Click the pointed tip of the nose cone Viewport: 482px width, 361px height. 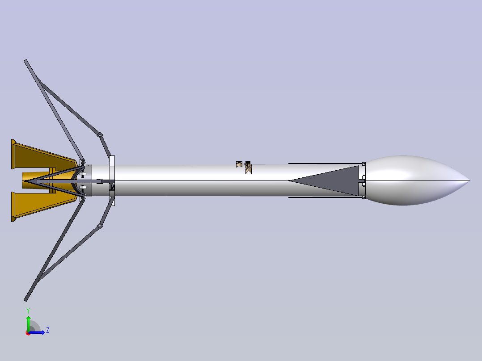[x=469, y=180]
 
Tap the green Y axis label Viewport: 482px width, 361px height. [x=28, y=310]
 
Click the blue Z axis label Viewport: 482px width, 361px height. [x=47, y=330]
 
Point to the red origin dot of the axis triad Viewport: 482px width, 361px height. [x=28, y=332]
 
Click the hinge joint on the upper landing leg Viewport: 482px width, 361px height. [x=100, y=134]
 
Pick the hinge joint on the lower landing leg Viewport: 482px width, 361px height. [x=100, y=227]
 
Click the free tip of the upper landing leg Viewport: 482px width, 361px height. [x=26, y=61]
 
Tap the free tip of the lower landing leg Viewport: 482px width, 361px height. [x=26, y=299]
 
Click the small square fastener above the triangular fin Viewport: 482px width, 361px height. [x=364, y=164]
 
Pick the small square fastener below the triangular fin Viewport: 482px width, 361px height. [x=364, y=197]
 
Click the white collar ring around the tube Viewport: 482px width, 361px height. [x=112, y=180]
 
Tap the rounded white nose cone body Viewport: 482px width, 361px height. [x=411, y=180]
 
